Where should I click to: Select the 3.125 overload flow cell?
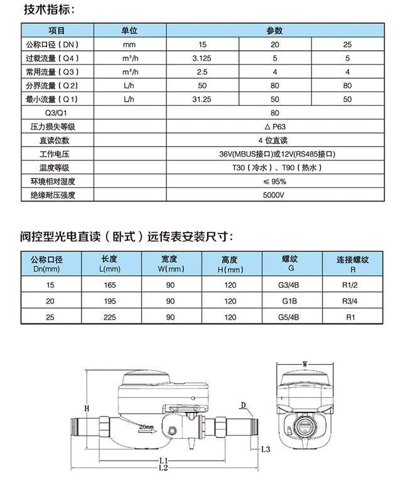pyautogui.click(x=202, y=58)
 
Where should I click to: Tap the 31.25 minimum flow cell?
pyautogui.click(x=202, y=99)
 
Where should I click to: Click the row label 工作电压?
pyautogui.click(x=53, y=154)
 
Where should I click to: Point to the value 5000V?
pyautogui.click(x=274, y=196)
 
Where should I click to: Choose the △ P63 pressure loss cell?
pyautogui.click(x=274, y=127)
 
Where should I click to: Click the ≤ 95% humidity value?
pyautogui.click(x=274, y=182)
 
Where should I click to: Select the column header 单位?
pyautogui.click(x=129, y=31)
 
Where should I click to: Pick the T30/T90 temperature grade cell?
pyautogui.click(x=274, y=168)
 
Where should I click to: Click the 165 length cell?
pyautogui.click(x=110, y=285)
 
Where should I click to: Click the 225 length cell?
pyautogui.click(x=110, y=318)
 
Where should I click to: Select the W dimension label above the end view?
pyautogui.click(x=304, y=364)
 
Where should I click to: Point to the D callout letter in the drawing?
pyautogui.click(x=243, y=405)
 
